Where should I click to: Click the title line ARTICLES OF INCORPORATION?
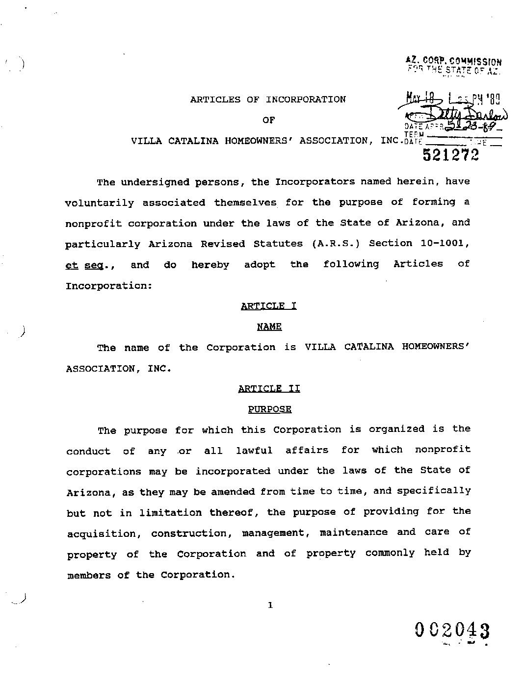pos(268,100)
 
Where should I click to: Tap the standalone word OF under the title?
pos(268,120)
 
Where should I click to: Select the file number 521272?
pos(450,155)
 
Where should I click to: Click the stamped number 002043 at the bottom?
pos(452,630)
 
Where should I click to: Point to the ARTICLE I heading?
pos(268,306)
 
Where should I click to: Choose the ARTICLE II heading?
pos(269,389)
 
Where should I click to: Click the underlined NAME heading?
pos(269,327)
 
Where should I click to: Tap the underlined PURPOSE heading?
pos(269,409)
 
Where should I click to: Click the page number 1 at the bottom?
pos(270,605)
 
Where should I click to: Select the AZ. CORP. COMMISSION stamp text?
pos(453,61)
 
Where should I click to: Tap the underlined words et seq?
pos(89,265)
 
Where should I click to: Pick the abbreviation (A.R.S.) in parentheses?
pos(336,244)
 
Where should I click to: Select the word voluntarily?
pos(99,203)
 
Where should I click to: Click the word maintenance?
pos(353,532)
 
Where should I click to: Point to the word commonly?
pos(390,553)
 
